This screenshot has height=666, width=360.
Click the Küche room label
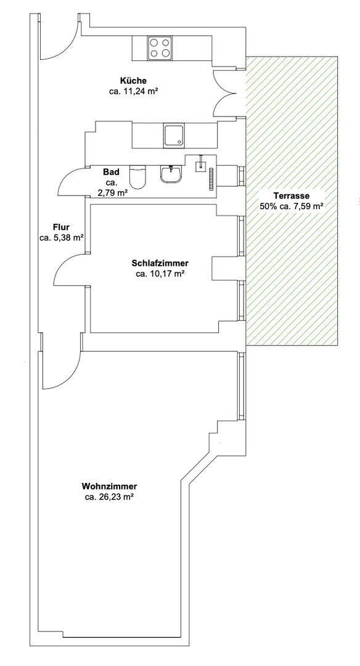pyautogui.click(x=133, y=81)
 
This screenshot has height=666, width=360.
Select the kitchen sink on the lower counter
pyautogui.click(x=174, y=136)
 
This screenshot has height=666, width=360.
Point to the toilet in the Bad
pyautogui.click(x=138, y=176)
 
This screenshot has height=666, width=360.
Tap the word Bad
pyautogui.click(x=111, y=173)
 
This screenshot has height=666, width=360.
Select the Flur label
pyautogui.click(x=61, y=227)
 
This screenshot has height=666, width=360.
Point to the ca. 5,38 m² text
pyautogui.click(x=61, y=238)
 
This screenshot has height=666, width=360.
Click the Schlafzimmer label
pyautogui.click(x=160, y=263)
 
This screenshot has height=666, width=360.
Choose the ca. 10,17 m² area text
pyautogui.click(x=160, y=274)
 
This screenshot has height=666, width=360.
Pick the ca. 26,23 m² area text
pyautogui.click(x=110, y=498)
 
